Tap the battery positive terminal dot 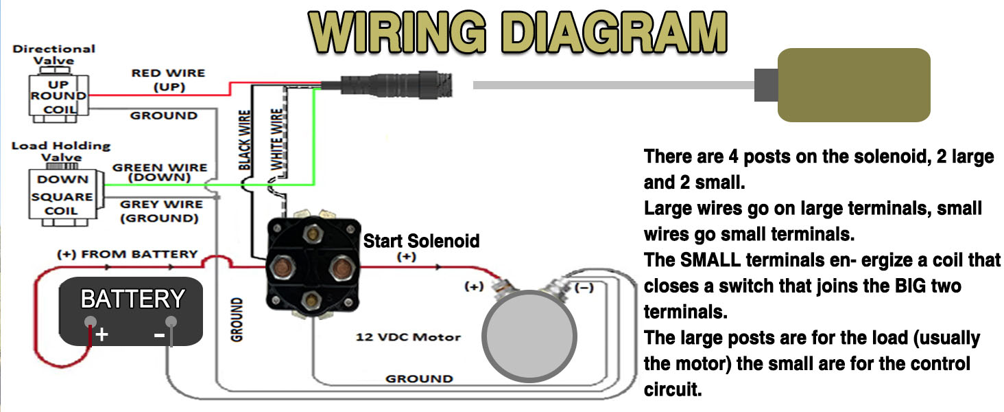90,321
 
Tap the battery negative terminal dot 171,321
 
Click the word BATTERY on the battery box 132,299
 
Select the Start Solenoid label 421,241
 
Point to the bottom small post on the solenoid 313,298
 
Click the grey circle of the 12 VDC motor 529,336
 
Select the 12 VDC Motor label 408,337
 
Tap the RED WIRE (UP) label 168,80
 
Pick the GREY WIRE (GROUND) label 160,211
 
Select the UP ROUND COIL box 58,96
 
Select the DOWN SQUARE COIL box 63,195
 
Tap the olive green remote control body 853,84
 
